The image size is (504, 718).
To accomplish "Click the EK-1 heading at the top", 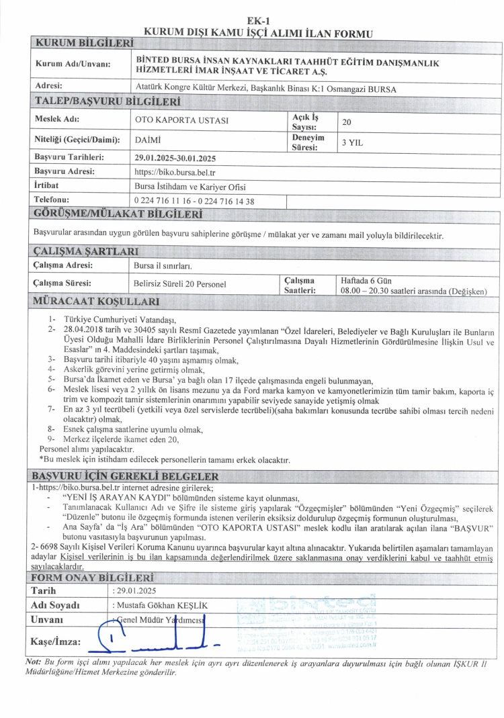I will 259,21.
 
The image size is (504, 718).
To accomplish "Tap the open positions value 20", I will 346,122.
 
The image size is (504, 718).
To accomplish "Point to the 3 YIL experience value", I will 353,142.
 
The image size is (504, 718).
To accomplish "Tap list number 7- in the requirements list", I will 52,408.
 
